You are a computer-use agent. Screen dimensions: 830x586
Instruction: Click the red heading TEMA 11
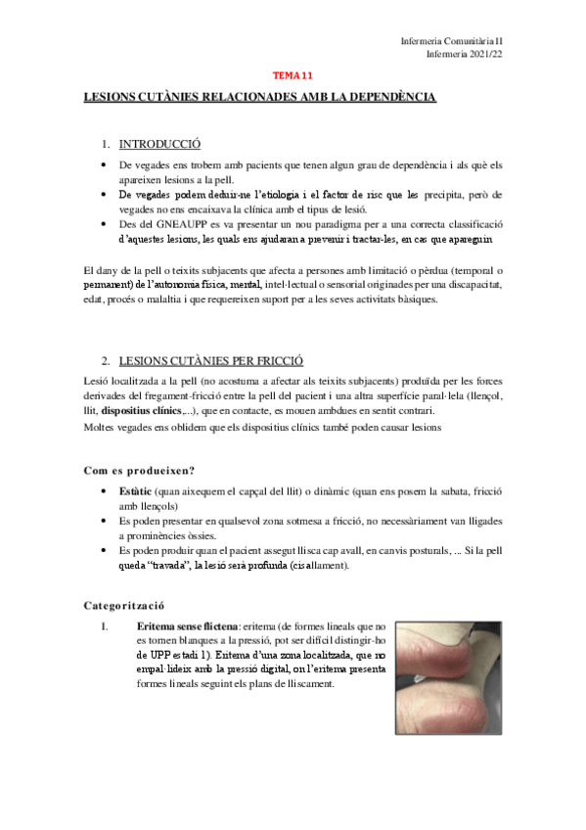point(292,74)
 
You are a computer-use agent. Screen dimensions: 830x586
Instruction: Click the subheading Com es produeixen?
point(139,471)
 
